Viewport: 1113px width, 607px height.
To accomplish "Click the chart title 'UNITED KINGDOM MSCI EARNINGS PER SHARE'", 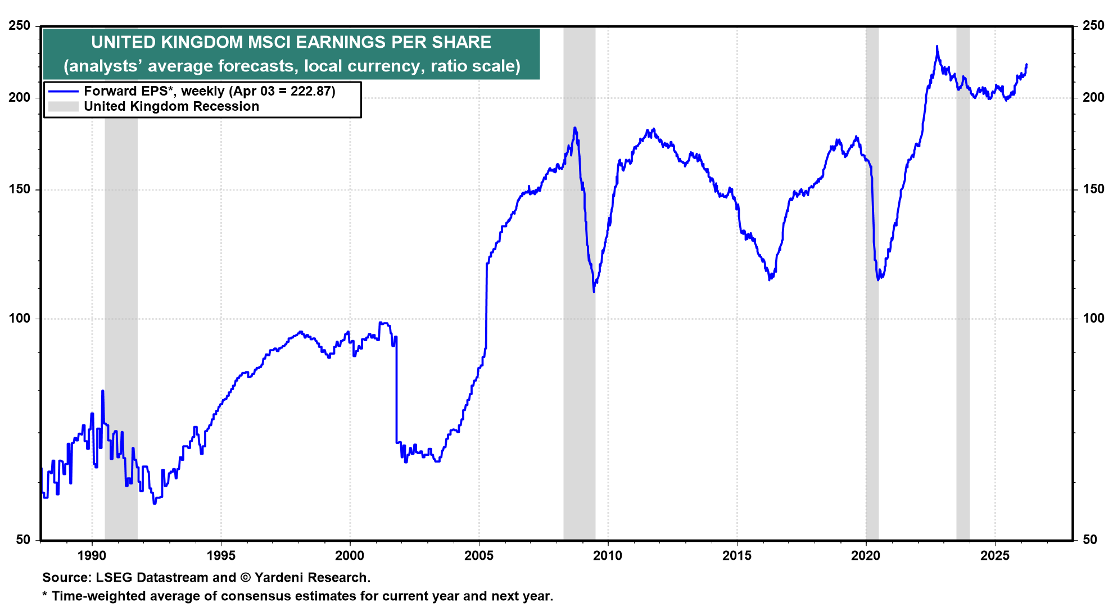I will [291, 42].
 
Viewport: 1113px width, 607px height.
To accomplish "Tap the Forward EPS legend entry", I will [209, 91].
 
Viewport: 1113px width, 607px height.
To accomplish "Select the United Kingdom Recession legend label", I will [171, 107].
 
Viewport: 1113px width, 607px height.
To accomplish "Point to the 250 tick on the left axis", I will [20, 26].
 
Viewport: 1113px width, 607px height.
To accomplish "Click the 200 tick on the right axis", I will [1093, 97].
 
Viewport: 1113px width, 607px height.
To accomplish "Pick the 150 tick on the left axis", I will [20, 189].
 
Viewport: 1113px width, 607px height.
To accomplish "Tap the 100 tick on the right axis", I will [1093, 319].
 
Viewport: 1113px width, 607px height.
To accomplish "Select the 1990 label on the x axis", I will [92, 556].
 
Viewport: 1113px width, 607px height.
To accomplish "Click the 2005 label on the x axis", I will [479, 556].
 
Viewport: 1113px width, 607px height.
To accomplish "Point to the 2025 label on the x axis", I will [995, 556].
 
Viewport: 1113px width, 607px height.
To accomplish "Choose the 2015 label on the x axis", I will [737, 556].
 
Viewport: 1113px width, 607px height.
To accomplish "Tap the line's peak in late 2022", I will [936, 47].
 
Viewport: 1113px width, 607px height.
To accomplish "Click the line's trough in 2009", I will [594, 291].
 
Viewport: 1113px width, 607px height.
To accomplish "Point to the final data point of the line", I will [1026, 65].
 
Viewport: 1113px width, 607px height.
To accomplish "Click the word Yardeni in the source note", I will [279, 578].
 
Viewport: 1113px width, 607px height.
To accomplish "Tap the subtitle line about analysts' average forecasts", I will [292, 66].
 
